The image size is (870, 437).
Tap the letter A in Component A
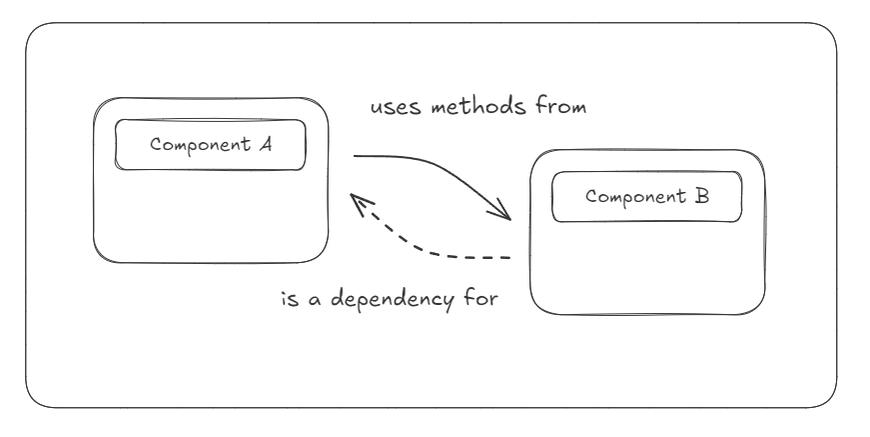[x=266, y=145]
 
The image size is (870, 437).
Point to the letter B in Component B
[x=703, y=196]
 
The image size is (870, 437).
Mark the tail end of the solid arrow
[x=355, y=157]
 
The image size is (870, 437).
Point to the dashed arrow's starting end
[x=509, y=258]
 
